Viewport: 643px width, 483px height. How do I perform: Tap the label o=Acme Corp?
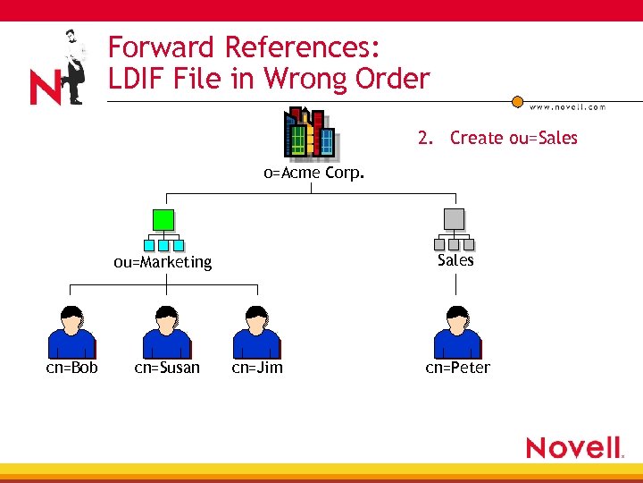pos(314,174)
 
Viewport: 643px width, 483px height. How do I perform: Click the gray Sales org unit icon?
pos(454,230)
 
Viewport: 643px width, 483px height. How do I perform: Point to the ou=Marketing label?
pos(163,262)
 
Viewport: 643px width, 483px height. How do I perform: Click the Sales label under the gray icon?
pos(455,260)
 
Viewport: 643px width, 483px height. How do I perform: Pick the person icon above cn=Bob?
pos(71,331)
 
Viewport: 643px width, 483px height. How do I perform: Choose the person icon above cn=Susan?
pos(167,331)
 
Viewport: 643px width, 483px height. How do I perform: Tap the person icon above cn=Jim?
pos(256,331)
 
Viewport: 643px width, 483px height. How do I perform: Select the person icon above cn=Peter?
pos(457,331)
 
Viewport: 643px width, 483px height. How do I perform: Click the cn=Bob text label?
pos(72,368)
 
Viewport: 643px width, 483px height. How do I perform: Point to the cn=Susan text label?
pos(167,368)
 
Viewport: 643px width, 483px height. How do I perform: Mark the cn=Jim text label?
pos(257,368)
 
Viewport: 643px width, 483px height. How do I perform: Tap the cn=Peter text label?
pos(457,368)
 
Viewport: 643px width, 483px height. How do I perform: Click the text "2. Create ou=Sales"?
pos(497,138)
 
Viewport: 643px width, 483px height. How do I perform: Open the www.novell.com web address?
pos(567,106)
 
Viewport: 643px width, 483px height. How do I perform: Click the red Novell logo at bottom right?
pos(573,447)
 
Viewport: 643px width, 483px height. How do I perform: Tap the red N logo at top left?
pos(45,88)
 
